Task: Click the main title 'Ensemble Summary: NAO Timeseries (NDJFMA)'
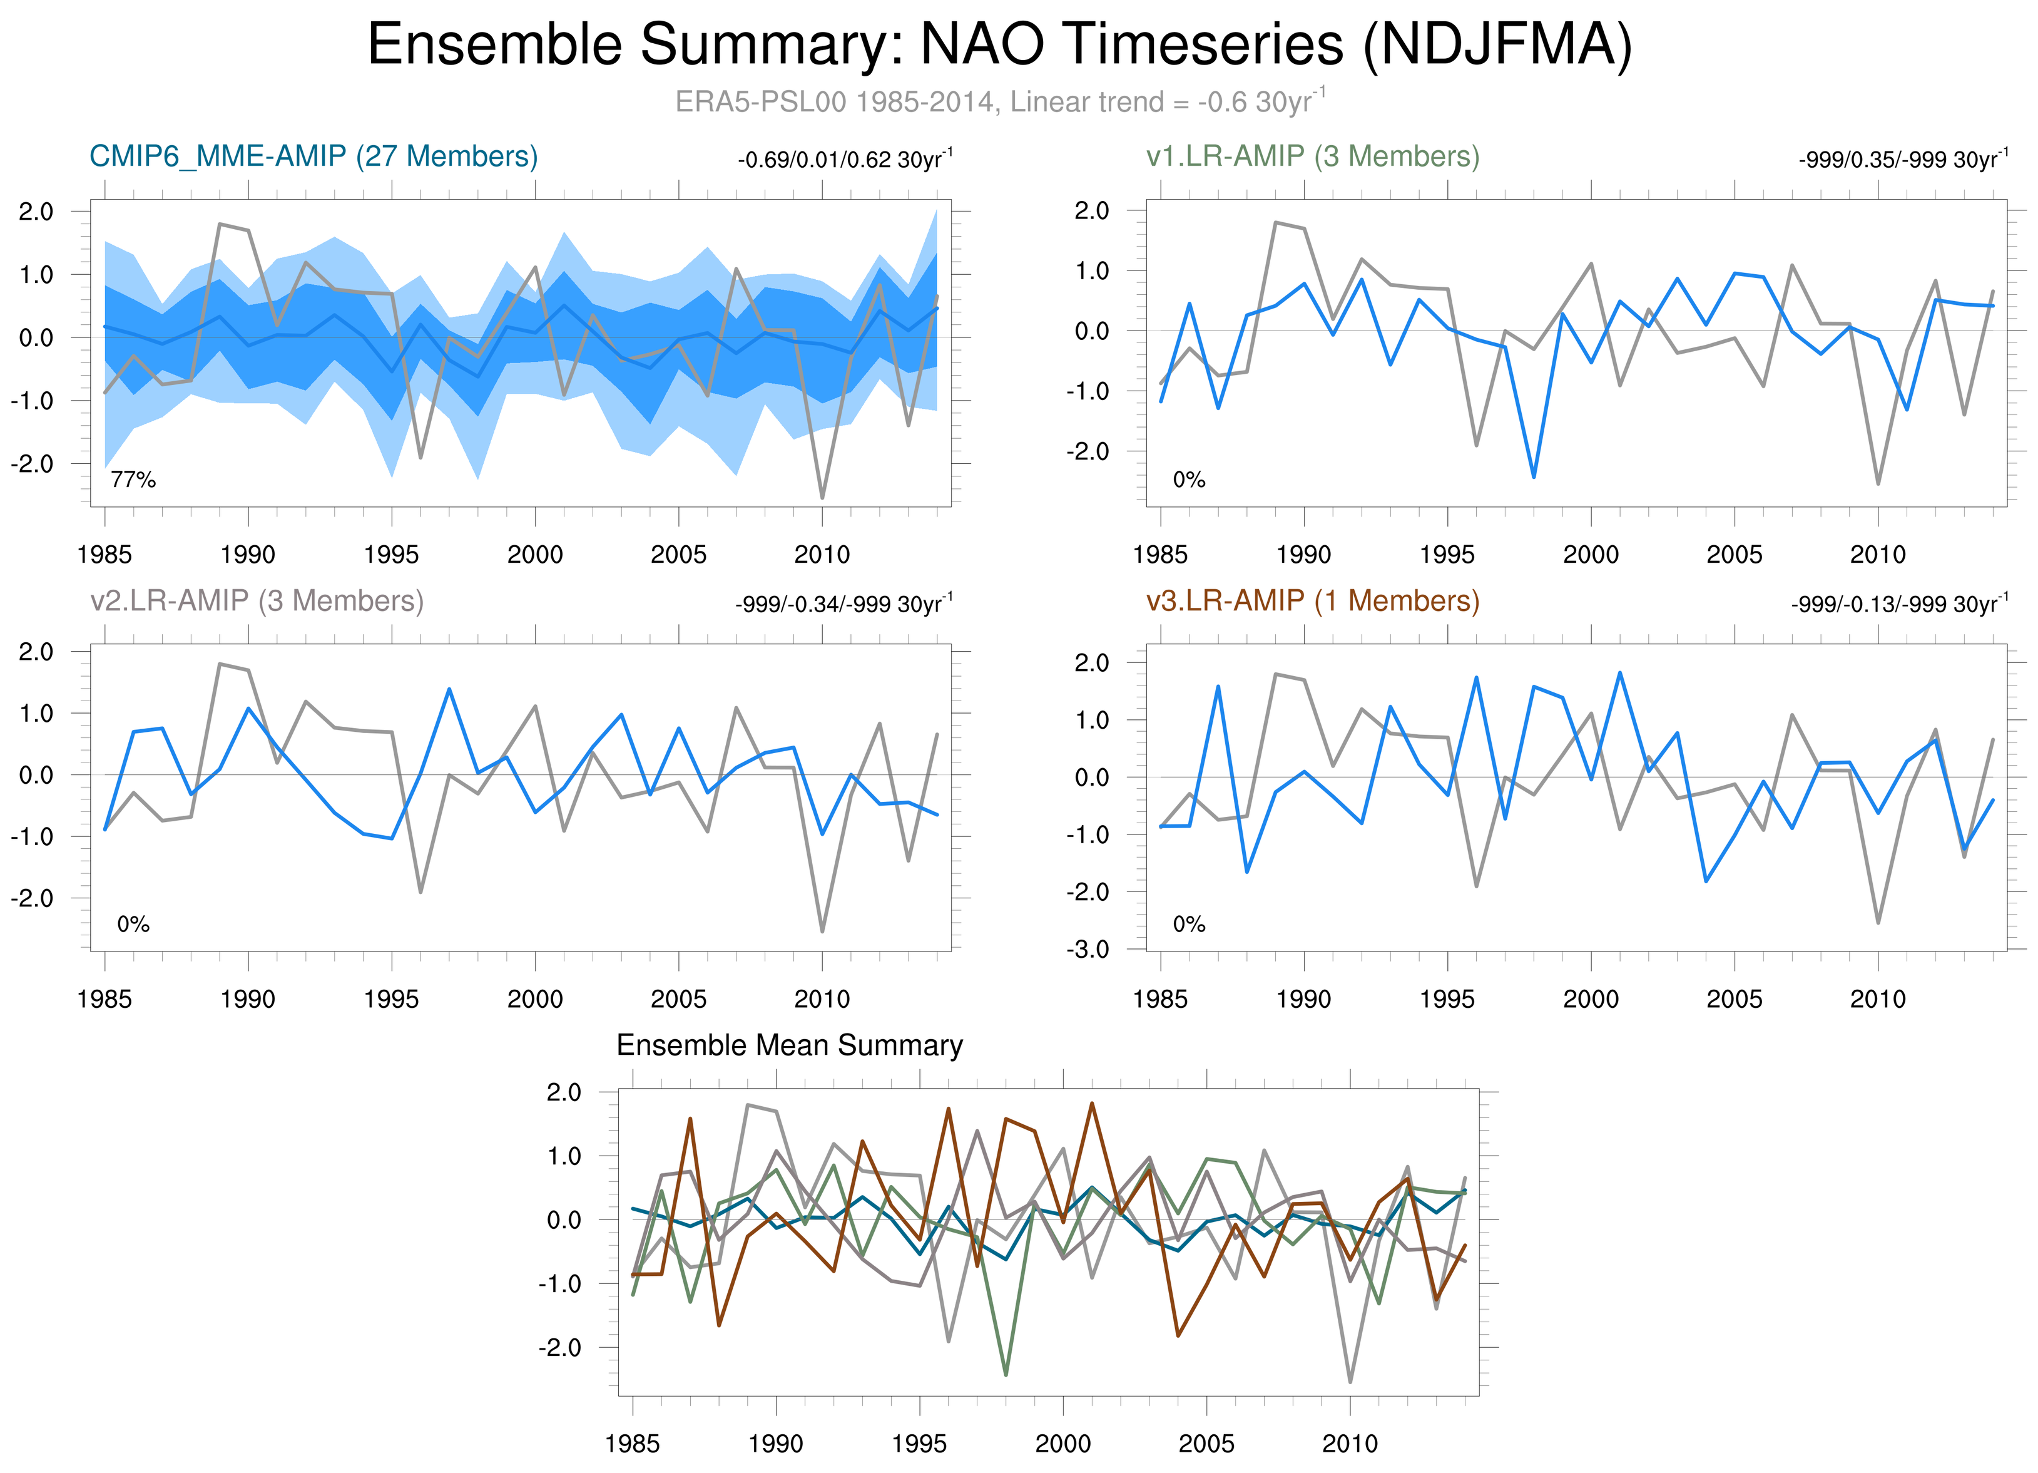(999, 45)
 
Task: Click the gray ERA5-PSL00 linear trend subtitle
(999, 101)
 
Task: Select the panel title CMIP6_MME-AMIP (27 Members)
(313, 157)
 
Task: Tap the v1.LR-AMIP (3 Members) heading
(1312, 157)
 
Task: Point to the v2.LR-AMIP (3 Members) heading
(257, 600)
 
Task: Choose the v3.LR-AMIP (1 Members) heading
(1312, 600)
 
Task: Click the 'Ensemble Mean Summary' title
(789, 1045)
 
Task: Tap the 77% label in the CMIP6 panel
(133, 480)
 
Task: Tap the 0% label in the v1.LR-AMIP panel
(1189, 480)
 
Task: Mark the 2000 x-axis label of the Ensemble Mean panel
(1063, 1444)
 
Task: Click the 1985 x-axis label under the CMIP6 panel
(104, 555)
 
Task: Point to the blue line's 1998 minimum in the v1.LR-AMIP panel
(1534, 477)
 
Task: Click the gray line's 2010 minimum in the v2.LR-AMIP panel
(822, 931)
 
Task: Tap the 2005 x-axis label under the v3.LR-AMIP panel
(1735, 999)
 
